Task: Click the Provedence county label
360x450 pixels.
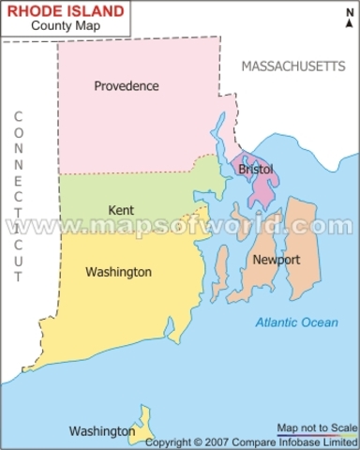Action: click(x=126, y=86)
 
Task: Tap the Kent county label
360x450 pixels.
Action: click(x=120, y=210)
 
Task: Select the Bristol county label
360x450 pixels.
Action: click(x=256, y=170)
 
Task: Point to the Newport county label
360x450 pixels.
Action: click(x=277, y=260)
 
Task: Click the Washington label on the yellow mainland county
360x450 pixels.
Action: click(x=118, y=272)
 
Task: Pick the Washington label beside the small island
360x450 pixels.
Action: click(x=101, y=431)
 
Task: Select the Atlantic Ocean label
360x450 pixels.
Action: click(x=297, y=322)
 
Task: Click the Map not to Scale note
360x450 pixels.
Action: click(x=317, y=427)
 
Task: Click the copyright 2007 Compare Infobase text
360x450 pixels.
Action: click(x=251, y=442)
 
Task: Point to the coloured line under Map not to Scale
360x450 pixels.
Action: click(x=317, y=435)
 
